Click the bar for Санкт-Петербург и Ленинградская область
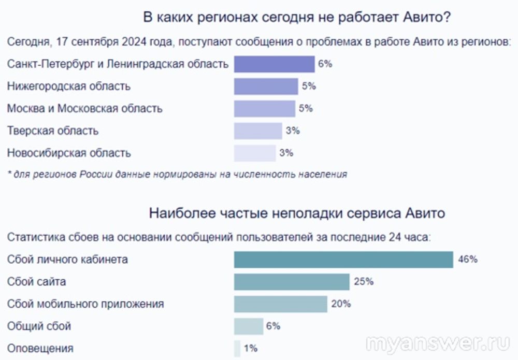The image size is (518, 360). click(274, 64)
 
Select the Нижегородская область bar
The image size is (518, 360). click(266, 87)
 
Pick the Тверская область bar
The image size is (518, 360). click(257, 131)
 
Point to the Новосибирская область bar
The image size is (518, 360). click(254, 153)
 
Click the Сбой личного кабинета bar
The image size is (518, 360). click(343, 259)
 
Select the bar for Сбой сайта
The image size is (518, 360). click(292, 282)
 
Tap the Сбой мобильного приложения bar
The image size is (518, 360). click(280, 304)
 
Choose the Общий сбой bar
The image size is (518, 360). click(249, 326)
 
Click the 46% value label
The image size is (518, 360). click(468, 259)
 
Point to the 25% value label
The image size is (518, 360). click(364, 282)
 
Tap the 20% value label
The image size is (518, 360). click(341, 304)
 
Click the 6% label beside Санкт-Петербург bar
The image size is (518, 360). click(325, 64)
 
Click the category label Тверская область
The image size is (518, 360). click(53, 131)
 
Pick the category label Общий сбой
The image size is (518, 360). click(39, 326)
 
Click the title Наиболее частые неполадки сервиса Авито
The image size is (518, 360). click(297, 213)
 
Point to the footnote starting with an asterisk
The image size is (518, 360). click(177, 175)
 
